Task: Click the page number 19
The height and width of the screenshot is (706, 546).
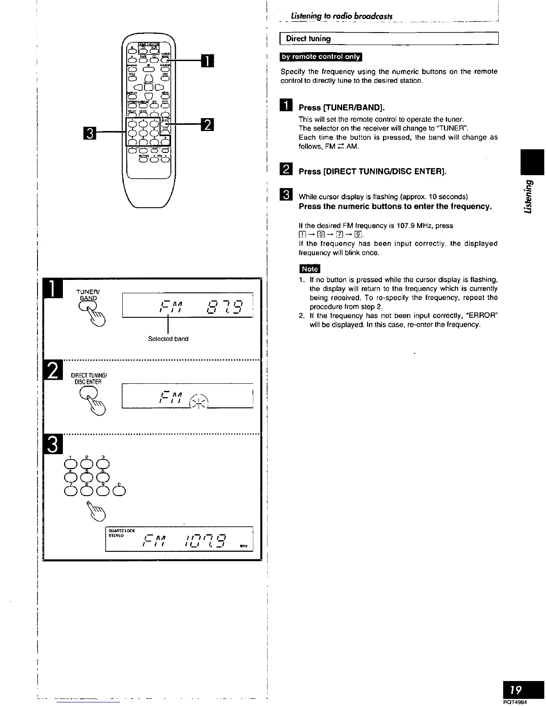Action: tap(516, 690)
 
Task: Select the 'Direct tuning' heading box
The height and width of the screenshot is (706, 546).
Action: tap(389, 38)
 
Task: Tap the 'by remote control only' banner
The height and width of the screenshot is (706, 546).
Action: tap(321, 57)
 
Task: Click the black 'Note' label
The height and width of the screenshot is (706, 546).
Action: tap(310, 269)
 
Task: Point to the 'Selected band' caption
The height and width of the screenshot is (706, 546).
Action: tap(168, 339)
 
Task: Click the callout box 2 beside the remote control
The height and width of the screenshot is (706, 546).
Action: tap(208, 124)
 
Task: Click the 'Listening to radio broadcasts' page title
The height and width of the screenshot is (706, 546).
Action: tap(341, 16)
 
